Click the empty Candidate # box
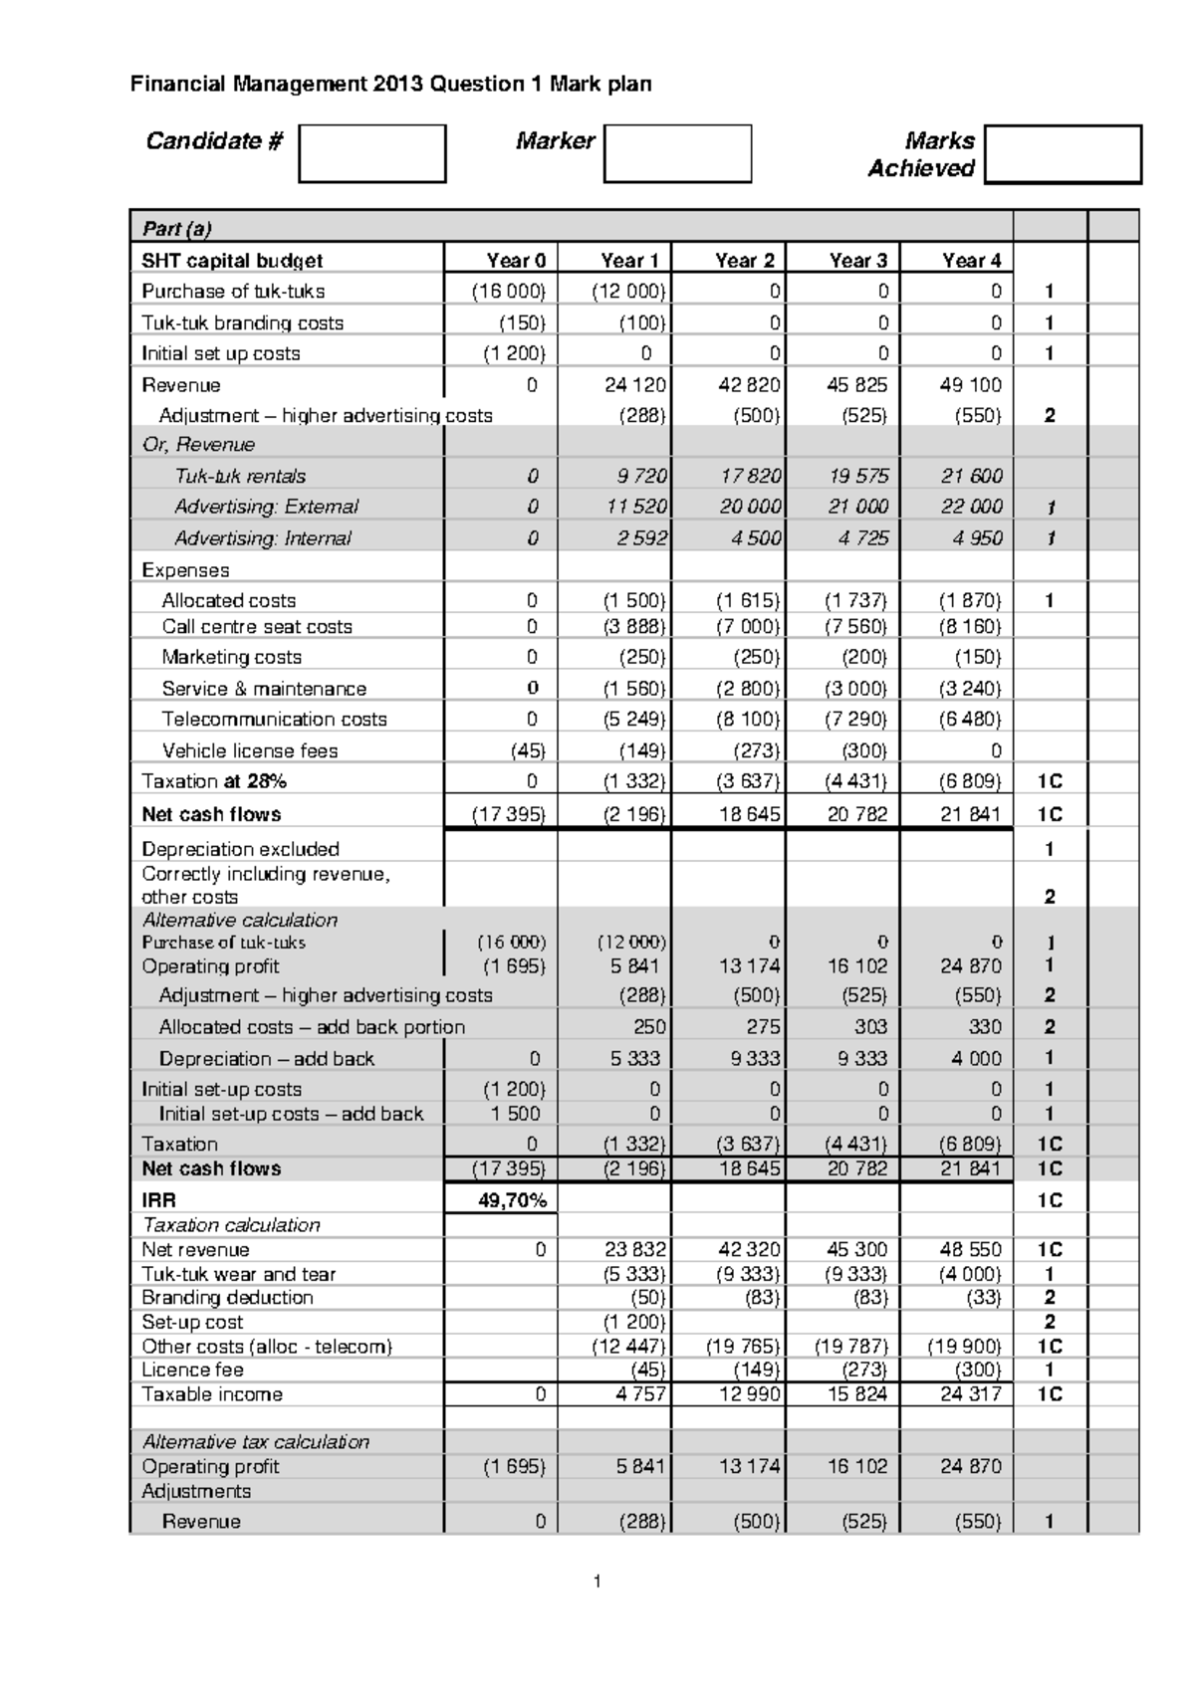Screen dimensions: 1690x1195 coord(371,153)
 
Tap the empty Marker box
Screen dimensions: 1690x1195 coord(677,153)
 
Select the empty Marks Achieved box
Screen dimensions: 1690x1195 coord(1063,154)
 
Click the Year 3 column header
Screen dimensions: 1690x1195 coord(857,261)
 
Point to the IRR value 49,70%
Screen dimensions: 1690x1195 coord(512,1200)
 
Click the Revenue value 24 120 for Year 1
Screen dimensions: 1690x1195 coord(635,385)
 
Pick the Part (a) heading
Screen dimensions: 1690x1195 coord(176,229)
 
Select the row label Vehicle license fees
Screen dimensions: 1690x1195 coord(250,750)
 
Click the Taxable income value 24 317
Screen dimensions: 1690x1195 coord(970,1394)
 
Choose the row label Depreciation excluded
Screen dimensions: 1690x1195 coord(240,849)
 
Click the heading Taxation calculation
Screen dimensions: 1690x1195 coord(231,1225)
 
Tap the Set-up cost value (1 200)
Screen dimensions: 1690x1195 coord(634,1322)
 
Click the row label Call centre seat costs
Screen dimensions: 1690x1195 coord(257,626)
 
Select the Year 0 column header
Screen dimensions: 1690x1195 coord(516,261)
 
